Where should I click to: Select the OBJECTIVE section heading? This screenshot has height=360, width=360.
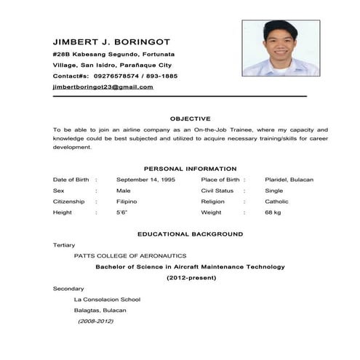click(190, 118)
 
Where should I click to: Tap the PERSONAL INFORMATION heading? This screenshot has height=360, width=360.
click(190, 169)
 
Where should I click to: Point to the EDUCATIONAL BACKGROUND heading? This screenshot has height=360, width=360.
click(190, 234)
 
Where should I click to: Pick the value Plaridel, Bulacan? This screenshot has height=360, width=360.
click(289, 180)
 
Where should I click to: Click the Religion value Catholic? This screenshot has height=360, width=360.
click(276, 201)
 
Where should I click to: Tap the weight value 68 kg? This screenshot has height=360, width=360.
click(273, 212)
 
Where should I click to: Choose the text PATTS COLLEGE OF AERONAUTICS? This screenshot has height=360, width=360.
click(130, 256)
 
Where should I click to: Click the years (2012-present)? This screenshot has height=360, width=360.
click(190, 278)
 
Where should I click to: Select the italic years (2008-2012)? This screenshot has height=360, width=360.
click(96, 321)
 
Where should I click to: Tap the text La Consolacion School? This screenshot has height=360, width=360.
click(107, 299)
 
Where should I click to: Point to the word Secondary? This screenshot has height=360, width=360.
click(68, 289)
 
